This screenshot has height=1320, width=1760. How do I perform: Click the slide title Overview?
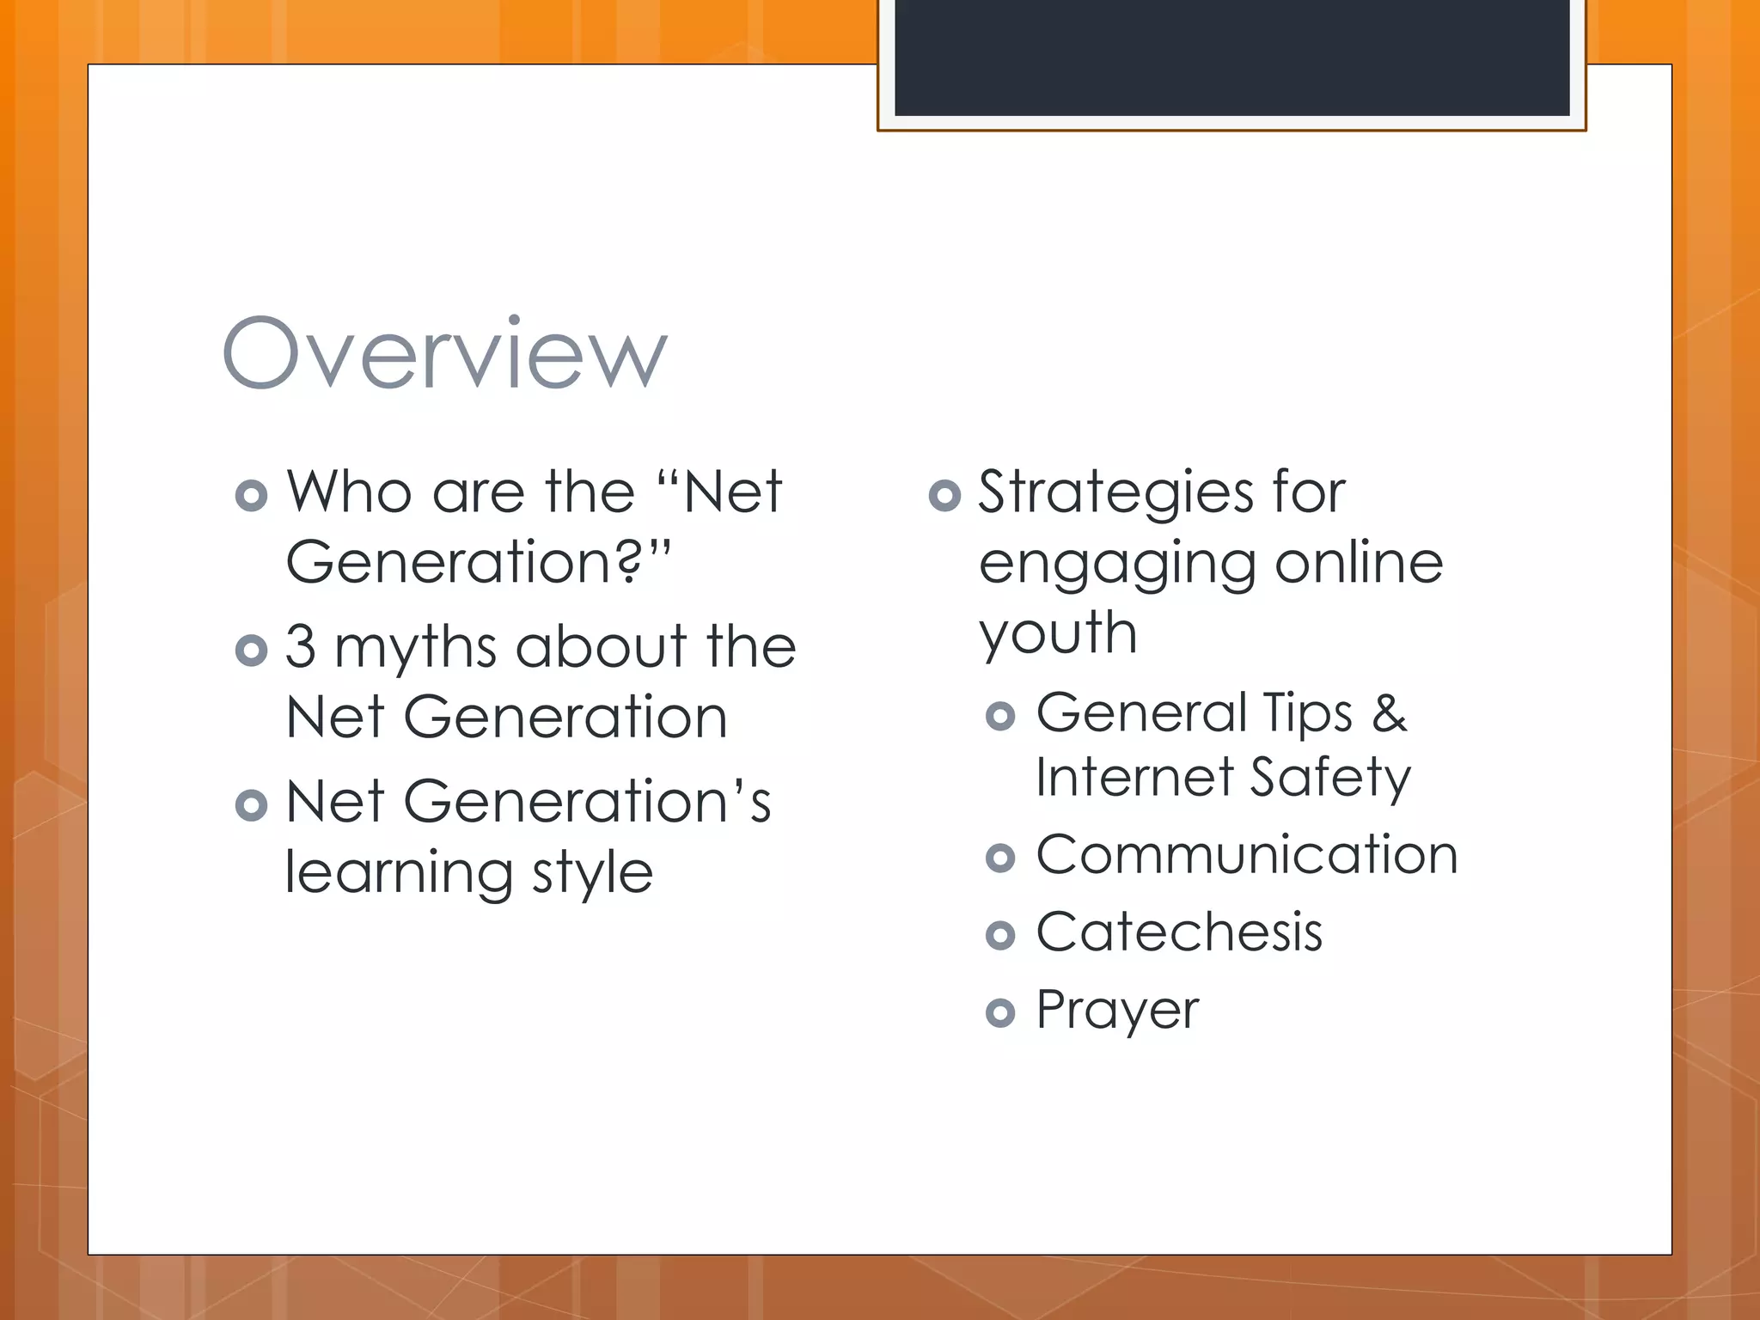coord(444,353)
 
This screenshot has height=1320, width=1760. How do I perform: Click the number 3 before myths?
coord(301,646)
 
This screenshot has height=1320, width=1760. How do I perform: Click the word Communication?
coord(1247,855)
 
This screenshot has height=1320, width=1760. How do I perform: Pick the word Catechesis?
coord(1179,932)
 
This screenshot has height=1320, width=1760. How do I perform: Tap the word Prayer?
coord(1117,1011)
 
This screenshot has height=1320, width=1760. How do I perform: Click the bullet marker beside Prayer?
coord(1000,1013)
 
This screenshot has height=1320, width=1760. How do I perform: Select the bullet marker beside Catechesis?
coord(1000,935)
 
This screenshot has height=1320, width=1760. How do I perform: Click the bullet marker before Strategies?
coord(944,495)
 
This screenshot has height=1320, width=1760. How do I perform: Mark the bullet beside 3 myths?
coord(251,651)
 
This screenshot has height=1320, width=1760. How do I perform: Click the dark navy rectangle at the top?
coord(1231,57)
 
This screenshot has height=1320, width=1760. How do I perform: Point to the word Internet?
coord(1134,777)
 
